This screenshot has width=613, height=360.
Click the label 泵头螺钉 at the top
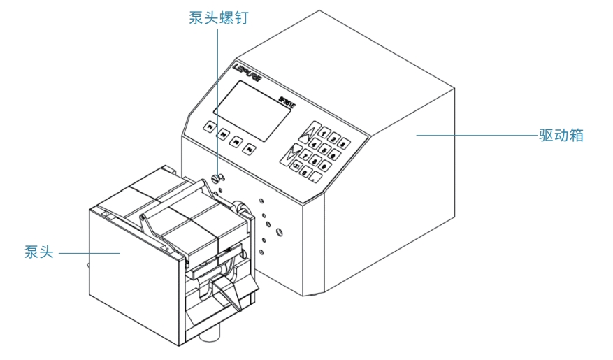pos(218,19)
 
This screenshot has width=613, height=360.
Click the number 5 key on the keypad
pos(324,150)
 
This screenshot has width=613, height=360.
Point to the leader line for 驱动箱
pos(475,134)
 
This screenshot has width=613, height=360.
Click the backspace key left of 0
pos(296,166)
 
